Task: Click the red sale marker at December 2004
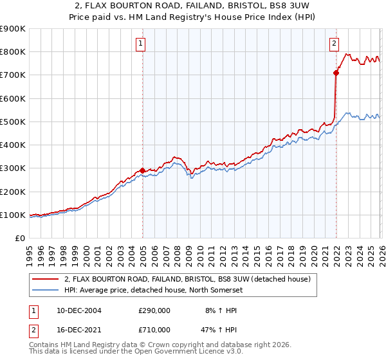click(142, 171)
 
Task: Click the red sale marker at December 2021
click(336, 73)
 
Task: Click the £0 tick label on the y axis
click(19, 239)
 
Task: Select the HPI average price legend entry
click(171, 290)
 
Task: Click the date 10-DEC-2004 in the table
click(78, 310)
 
